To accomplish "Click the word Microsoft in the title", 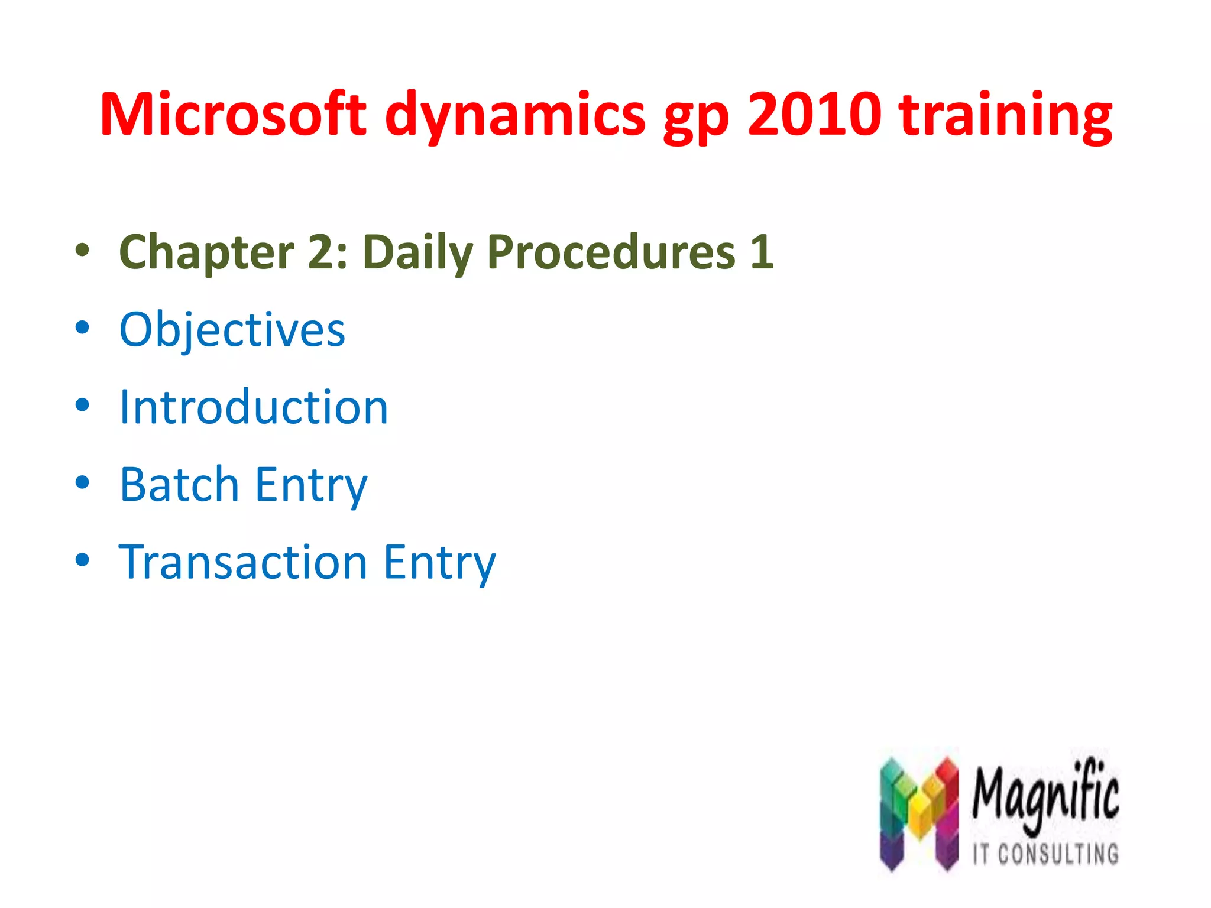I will pyautogui.click(x=233, y=115).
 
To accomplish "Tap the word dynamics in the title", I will pyautogui.click(x=515, y=115).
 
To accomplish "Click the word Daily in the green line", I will pyautogui.click(x=417, y=252).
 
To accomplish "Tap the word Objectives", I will pyautogui.click(x=232, y=330).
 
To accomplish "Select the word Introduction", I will pyautogui.click(x=254, y=407).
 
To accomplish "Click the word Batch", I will pyautogui.click(x=179, y=485).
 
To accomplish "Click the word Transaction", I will pyautogui.click(x=243, y=562).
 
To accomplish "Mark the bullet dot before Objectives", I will pyautogui.click(x=82, y=327).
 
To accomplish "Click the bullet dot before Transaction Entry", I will pyautogui.click(x=82, y=559).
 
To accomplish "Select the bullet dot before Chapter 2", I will pyautogui.click(x=82, y=250).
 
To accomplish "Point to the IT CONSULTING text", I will pyautogui.click(x=1045, y=854).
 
